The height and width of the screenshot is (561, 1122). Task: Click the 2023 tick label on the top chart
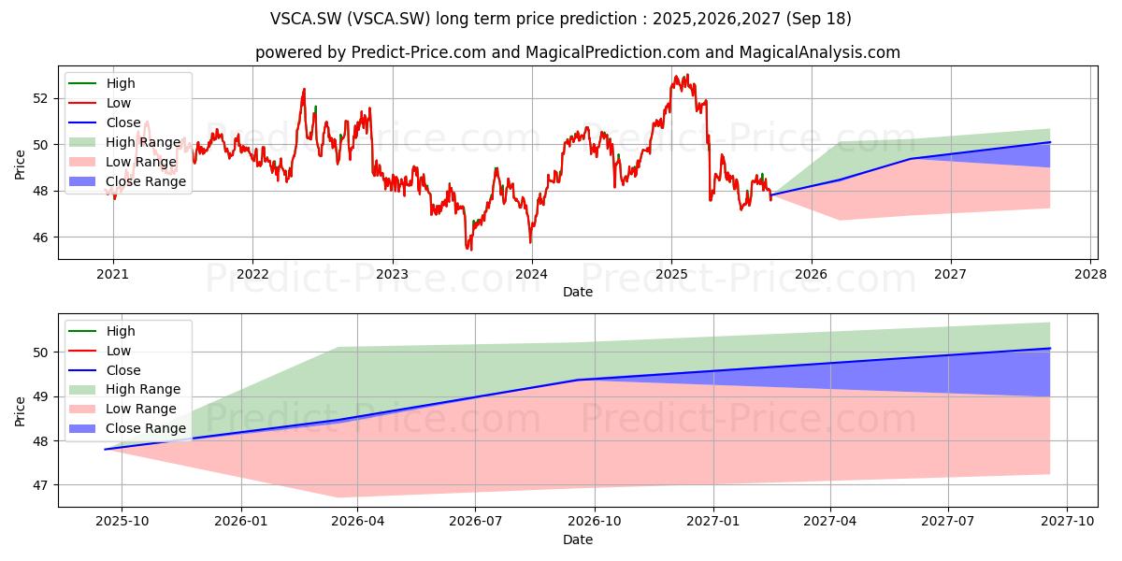(x=392, y=275)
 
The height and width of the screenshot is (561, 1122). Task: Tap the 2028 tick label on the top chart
(x=1091, y=275)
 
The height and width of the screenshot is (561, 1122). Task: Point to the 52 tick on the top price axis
(x=41, y=99)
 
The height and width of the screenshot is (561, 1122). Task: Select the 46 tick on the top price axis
(x=41, y=237)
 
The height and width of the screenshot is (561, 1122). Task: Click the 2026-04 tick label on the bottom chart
(x=357, y=522)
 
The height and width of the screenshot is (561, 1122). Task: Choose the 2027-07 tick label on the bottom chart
(x=948, y=522)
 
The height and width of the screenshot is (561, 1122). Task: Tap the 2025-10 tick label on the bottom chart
(x=122, y=522)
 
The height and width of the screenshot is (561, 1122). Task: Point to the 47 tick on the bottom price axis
(x=41, y=485)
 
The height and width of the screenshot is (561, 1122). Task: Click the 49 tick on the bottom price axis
(x=41, y=397)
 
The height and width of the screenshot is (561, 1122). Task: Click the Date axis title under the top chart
(x=578, y=292)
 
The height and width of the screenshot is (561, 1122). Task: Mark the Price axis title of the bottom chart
(x=20, y=411)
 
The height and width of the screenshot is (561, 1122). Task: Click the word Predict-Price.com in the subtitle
(x=419, y=52)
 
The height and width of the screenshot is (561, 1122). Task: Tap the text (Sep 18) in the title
(x=819, y=19)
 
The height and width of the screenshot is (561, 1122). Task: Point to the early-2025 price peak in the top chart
(x=688, y=75)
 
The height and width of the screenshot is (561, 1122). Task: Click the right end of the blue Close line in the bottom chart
(x=1050, y=348)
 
